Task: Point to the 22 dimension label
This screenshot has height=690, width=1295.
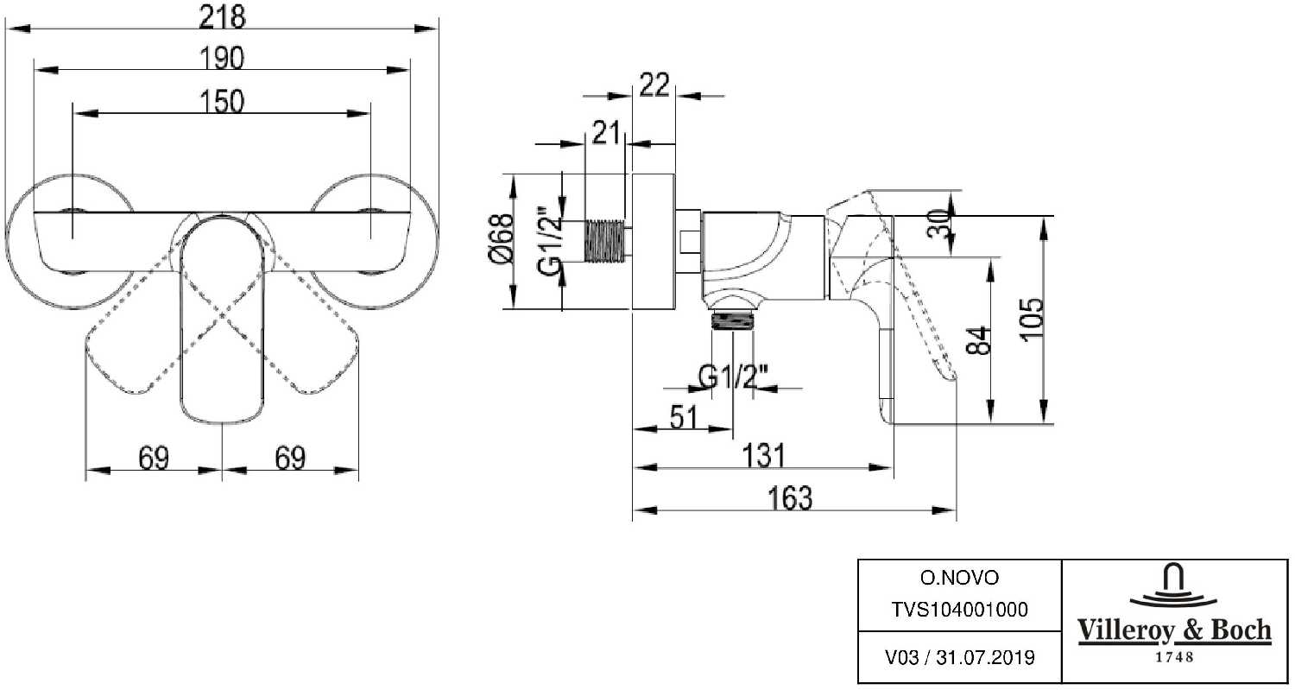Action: (x=655, y=85)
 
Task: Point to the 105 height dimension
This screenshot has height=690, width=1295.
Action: (x=1033, y=320)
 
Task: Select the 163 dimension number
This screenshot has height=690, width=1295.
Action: (x=788, y=498)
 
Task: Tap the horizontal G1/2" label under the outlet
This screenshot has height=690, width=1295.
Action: (x=733, y=377)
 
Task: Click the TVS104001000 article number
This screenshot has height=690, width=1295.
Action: (x=958, y=610)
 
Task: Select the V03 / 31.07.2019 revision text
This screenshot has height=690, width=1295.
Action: (x=958, y=658)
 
